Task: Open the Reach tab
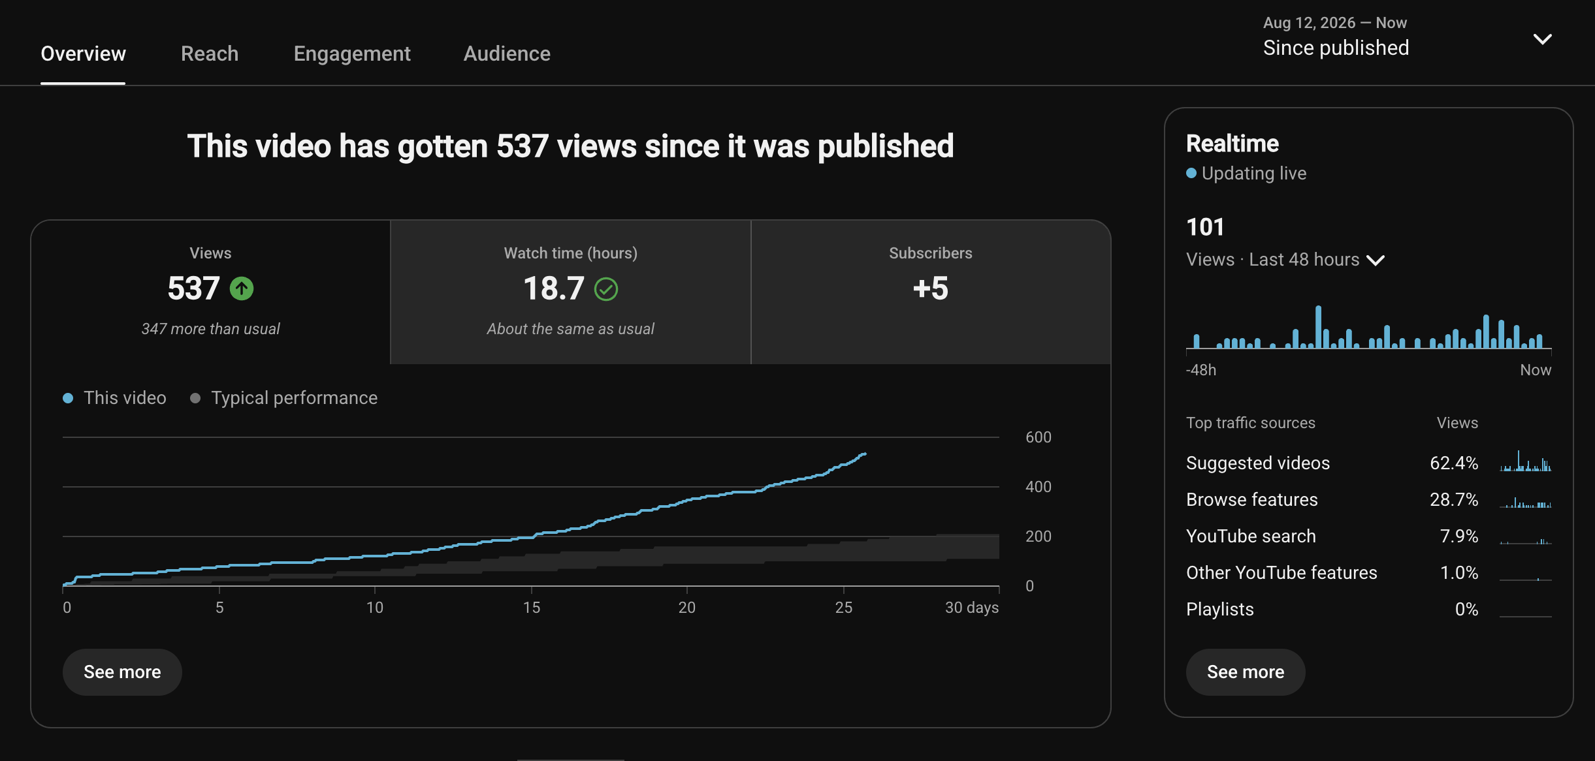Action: [x=210, y=54]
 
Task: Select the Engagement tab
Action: [x=352, y=54]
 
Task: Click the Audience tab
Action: [x=507, y=54]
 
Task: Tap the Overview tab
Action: [x=83, y=54]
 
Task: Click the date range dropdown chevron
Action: [x=1543, y=39]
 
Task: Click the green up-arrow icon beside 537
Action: [x=242, y=288]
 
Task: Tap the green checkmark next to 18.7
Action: [x=606, y=289]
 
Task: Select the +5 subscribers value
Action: [x=931, y=288]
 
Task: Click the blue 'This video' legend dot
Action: [x=68, y=398]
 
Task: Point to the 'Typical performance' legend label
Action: [x=294, y=398]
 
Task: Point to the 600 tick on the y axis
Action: [x=1039, y=437]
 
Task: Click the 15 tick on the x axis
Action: [x=532, y=608]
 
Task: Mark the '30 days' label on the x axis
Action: [x=972, y=608]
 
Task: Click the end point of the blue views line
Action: [x=865, y=454]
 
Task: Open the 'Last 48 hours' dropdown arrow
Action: [x=1376, y=260]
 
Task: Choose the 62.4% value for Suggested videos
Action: [x=1454, y=463]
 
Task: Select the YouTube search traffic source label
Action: [x=1251, y=536]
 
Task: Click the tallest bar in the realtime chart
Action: [x=1319, y=326]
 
